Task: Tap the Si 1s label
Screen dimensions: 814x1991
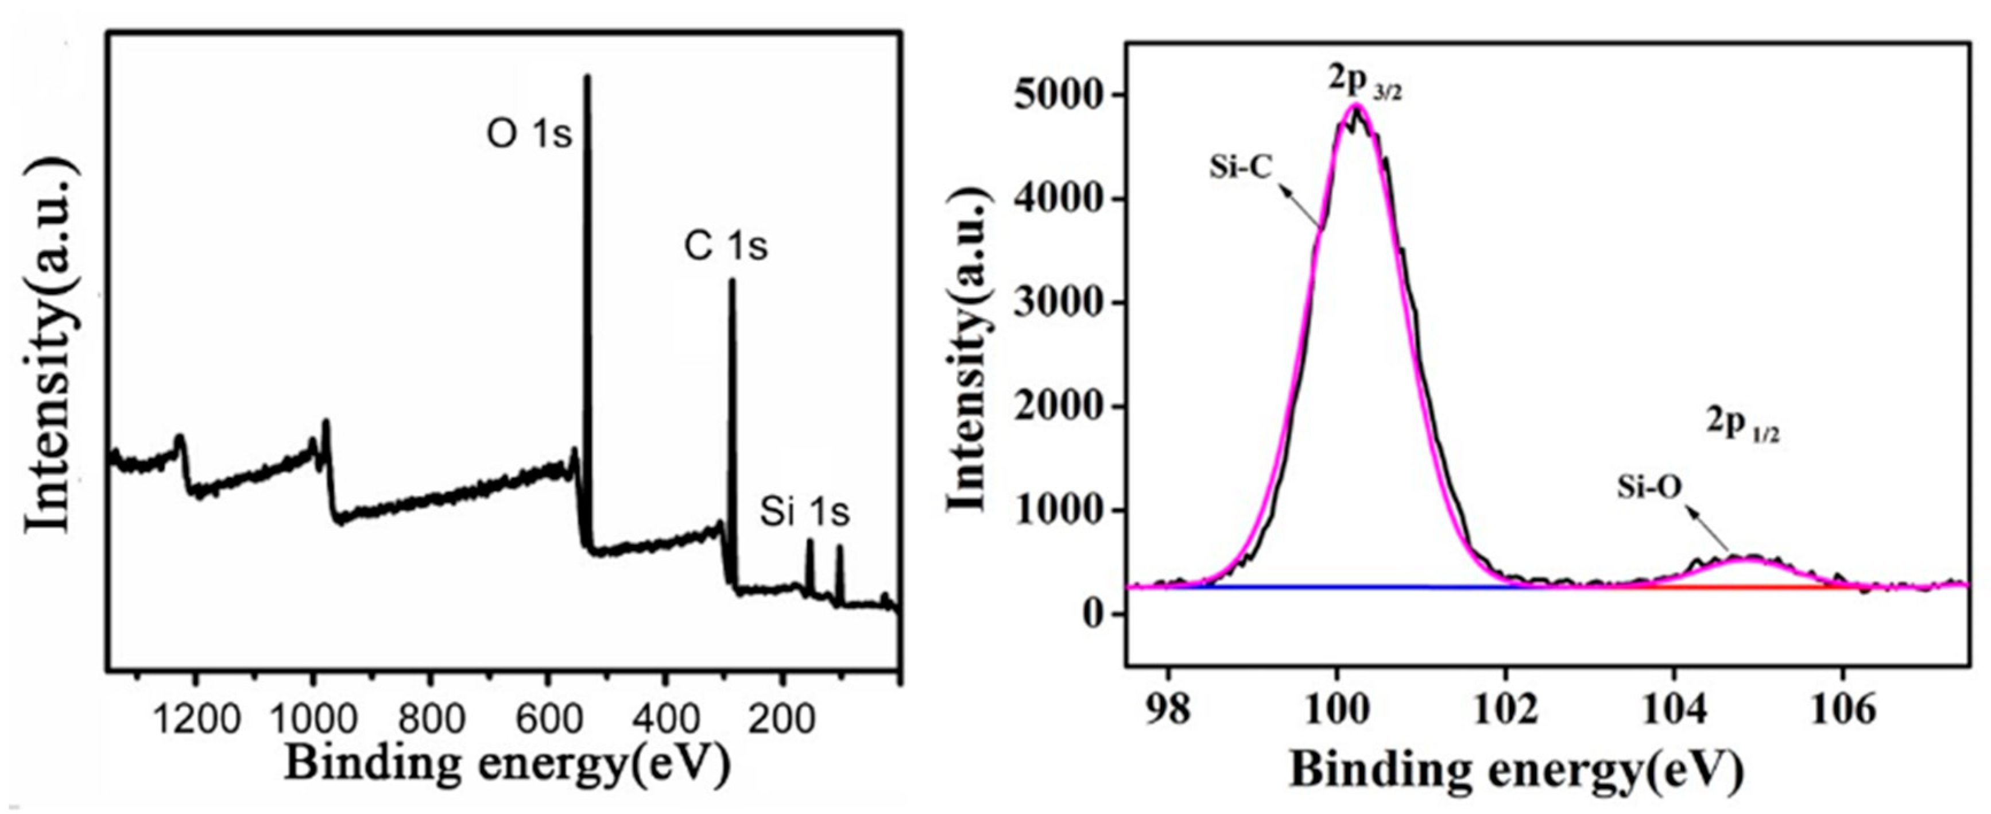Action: tap(804, 512)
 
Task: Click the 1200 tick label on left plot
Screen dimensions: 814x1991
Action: tap(196, 720)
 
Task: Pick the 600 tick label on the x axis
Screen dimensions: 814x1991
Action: tap(549, 720)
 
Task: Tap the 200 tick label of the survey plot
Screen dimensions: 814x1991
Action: tap(782, 720)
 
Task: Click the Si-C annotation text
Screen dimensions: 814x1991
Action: tap(1241, 168)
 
